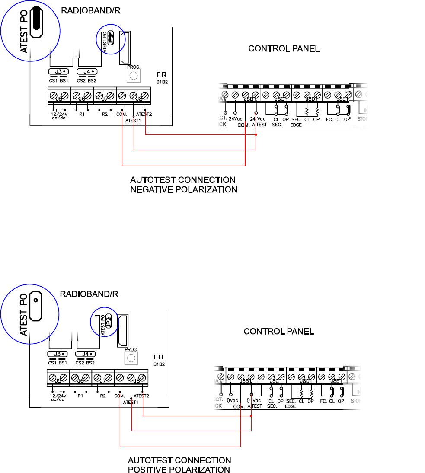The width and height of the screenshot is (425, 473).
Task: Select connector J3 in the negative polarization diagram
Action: pos(58,72)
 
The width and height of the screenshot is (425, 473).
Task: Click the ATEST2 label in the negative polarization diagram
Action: pos(144,114)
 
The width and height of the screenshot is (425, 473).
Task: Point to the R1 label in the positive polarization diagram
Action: pos(80,396)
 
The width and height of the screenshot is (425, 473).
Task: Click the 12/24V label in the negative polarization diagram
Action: pos(59,115)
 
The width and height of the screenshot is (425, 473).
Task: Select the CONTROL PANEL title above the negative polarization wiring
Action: pos(284,49)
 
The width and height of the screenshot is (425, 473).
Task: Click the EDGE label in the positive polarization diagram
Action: pos(291,407)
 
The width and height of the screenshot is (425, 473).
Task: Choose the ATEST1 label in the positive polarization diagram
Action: pos(130,403)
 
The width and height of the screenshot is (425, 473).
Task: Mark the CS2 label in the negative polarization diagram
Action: pos(81,80)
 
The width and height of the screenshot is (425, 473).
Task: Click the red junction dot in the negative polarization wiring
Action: pos(256,135)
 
